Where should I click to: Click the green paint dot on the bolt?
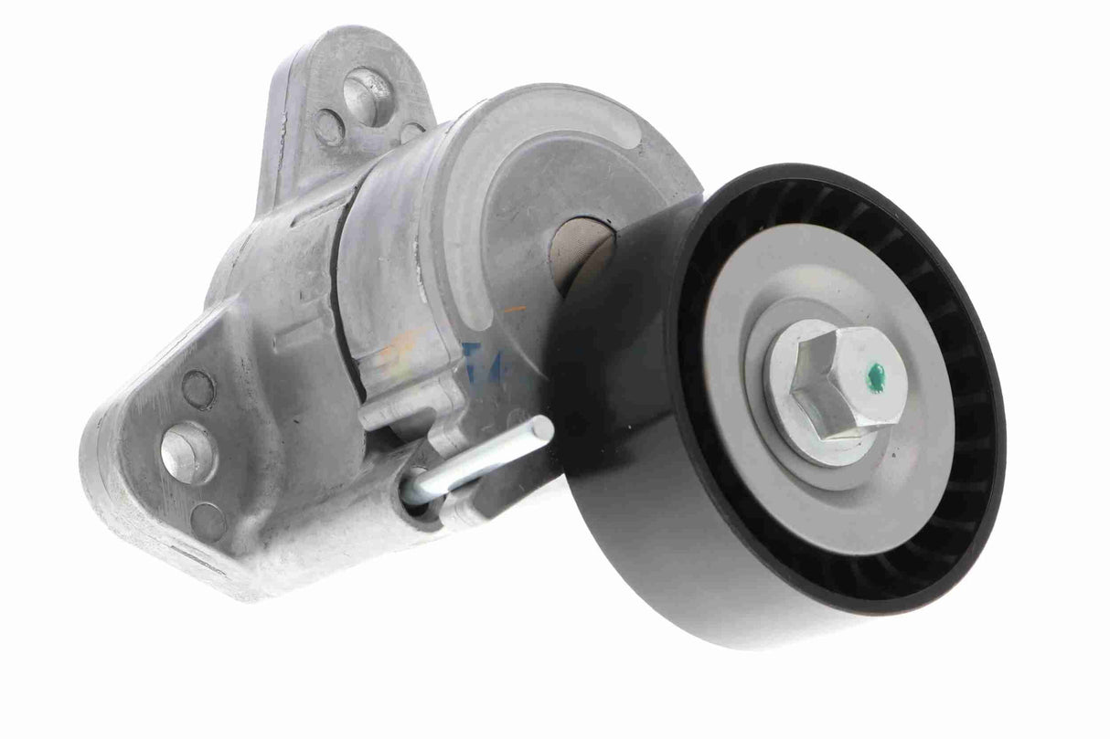(876, 372)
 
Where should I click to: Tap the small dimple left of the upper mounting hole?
(329, 126)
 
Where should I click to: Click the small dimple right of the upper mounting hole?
(412, 132)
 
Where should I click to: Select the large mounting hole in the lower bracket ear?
(187, 451)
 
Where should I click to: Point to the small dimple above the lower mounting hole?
(197, 389)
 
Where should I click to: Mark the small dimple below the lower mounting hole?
(208, 522)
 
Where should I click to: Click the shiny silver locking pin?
(485, 459)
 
